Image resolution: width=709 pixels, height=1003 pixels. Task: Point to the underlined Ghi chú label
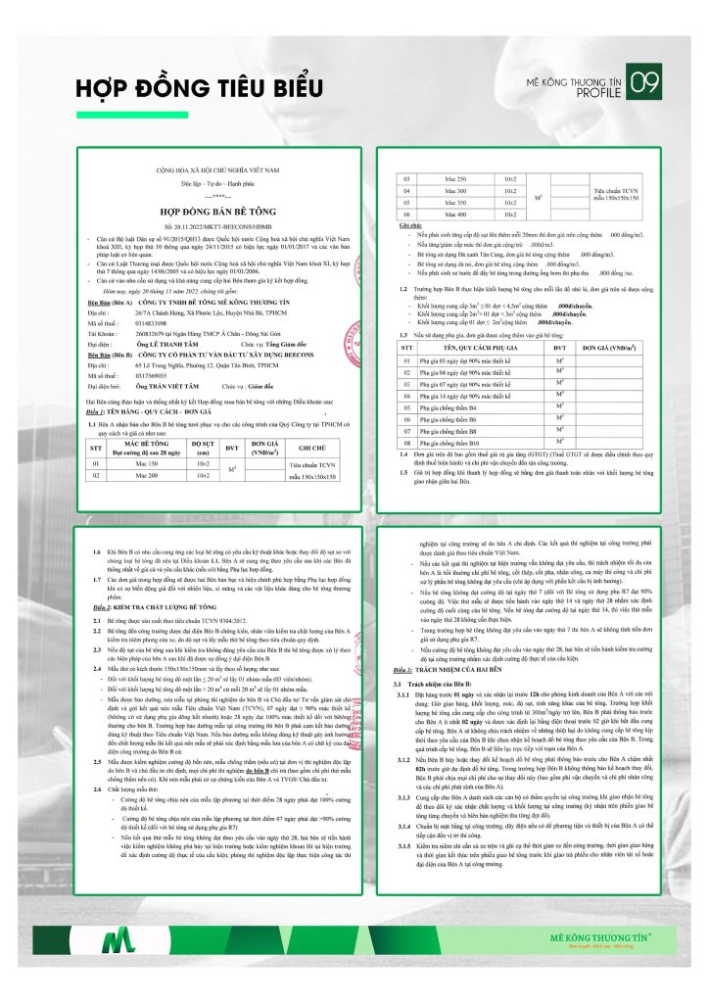(x=410, y=224)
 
